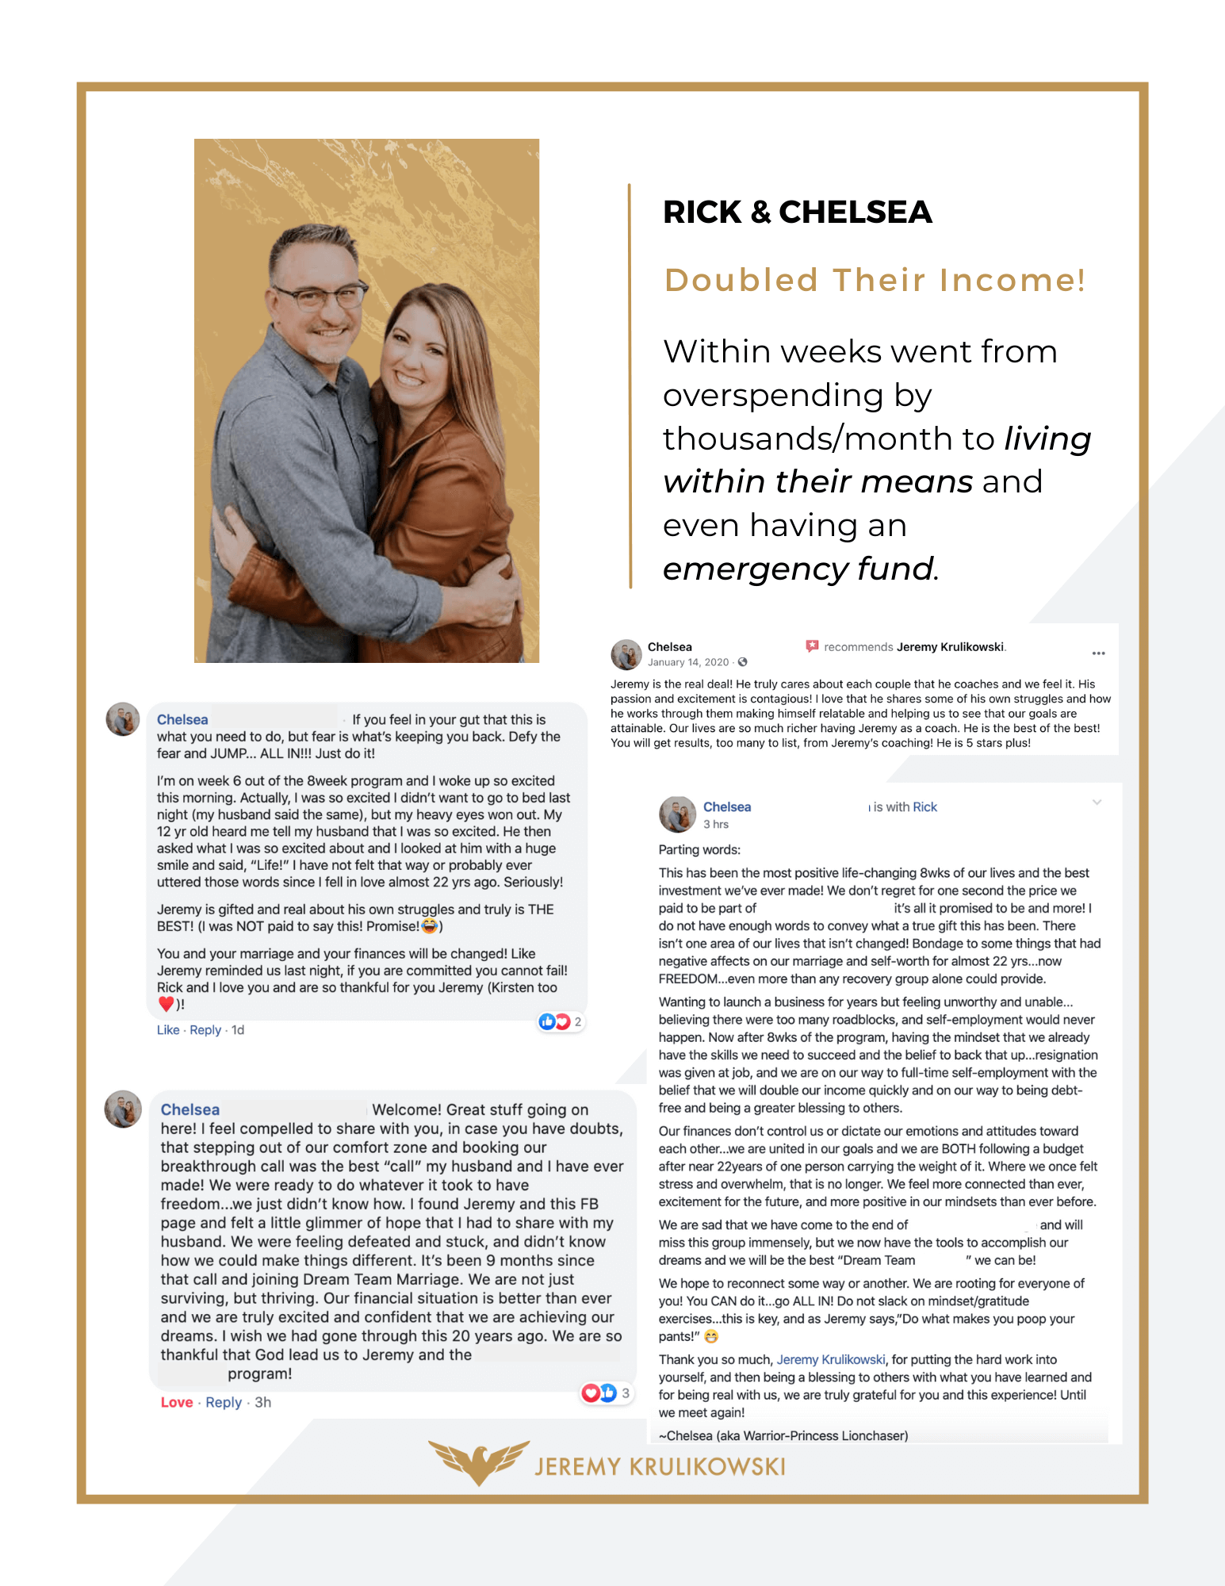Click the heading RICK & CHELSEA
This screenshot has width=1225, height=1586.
(x=797, y=212)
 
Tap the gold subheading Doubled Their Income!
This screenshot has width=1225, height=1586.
(x=875, y=280)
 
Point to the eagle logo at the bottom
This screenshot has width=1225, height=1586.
(x=479, y=1461)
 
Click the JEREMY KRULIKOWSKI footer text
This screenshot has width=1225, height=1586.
(x=660, y=1467)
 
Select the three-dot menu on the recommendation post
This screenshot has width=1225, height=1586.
(x=1098, y=653)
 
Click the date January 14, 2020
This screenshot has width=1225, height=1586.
(x=687, y=662)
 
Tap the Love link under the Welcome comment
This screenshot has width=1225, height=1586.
(x=176, y=1402)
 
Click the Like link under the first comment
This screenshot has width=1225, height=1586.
(x=168, y=1029)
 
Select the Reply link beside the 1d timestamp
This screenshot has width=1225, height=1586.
(x=205, y=1029)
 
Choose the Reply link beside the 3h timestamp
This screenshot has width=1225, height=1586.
(x=224, y=1402)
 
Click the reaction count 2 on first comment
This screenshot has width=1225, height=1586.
(x=578, y=1021)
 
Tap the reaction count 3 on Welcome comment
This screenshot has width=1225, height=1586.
(x=626, y=1393)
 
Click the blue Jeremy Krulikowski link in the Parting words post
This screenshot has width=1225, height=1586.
(x=830, y=1359)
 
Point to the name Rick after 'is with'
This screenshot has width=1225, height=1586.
(x=924, y=806)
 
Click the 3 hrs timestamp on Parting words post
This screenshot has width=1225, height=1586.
(x=716, y=824)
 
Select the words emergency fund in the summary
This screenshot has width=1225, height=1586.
(x=798, y=569)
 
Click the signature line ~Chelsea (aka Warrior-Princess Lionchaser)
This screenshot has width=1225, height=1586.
(x=783, y=1435)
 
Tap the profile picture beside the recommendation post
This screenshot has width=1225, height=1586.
(x=626, y=654)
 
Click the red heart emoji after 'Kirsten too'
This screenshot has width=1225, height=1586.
(x=166, y=1004)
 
